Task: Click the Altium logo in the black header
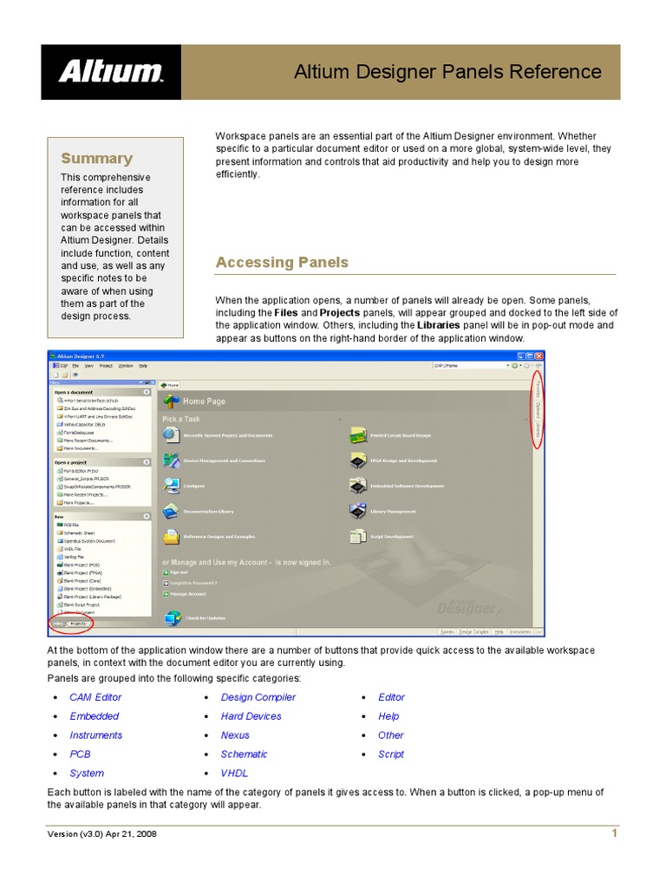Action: pos(111,71)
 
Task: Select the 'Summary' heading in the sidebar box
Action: pos(96,159)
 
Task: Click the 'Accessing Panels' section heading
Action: pos(282,262)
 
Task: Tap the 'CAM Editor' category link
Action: pos(95,697)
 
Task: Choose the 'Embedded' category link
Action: pos(95,716)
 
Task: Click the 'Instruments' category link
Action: pos(96,735)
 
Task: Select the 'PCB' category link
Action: pos(80,754)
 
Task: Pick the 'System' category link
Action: pos(87,774)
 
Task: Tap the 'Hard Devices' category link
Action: pos(251,716)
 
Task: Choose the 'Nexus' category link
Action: pos(235,735)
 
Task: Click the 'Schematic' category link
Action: pos(244,754)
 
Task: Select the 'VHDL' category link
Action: pos(234,774)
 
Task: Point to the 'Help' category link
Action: pos(388,716)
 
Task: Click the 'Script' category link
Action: pos(391,754)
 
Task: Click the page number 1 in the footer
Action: pos(614,833)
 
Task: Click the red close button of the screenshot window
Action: pos(539,356)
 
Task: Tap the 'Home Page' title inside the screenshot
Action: pos(204,402)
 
